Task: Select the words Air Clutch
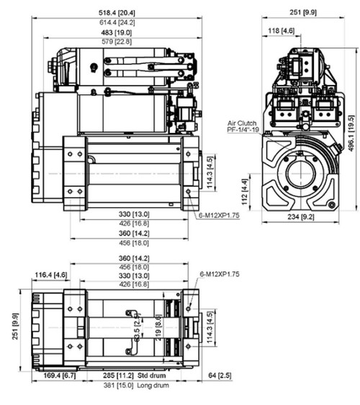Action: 240,124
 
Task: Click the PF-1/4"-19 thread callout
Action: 241,130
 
